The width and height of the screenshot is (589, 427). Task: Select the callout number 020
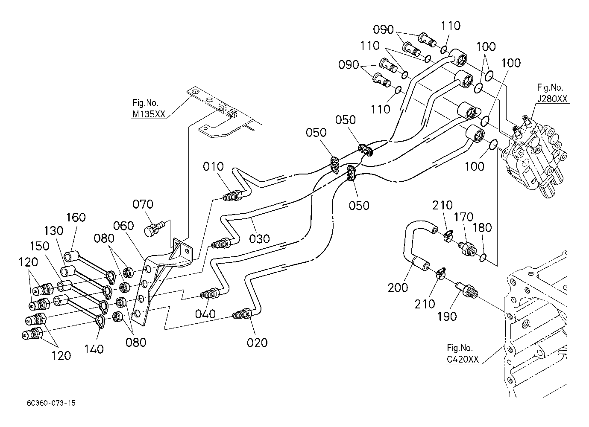[x=257, y=343]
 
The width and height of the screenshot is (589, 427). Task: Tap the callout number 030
[x=260, y=239]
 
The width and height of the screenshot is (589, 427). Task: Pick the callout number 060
[x=123, y=226]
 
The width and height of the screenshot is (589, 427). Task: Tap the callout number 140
[x=94, y=349]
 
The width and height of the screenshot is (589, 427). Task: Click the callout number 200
[x=398, y=288]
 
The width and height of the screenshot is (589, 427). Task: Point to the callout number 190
[x=447, y=316]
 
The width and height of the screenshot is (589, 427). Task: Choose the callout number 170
[x=463, y=218]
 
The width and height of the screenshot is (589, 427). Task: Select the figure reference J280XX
[x=552, y=99]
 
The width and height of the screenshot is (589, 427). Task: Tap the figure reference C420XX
[x=463, y=360]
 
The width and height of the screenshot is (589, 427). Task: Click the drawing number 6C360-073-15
[x=50, y=403]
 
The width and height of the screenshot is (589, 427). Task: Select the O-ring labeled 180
[x=483, y=257]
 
